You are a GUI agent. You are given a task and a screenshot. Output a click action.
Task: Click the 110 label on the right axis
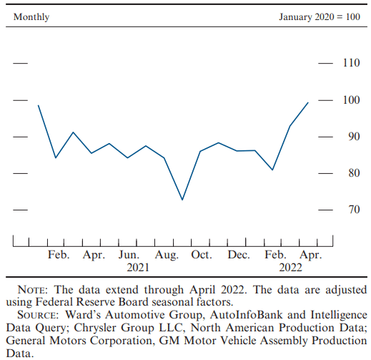point(351,63)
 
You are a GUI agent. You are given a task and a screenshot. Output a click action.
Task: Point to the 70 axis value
point(354,210)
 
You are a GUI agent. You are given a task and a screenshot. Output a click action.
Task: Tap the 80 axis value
point(354,173)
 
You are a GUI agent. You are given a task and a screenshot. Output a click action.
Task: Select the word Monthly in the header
point(31,17)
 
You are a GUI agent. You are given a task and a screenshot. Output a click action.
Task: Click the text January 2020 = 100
point(320,16)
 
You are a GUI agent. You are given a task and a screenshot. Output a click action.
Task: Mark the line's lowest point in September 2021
point(182,200)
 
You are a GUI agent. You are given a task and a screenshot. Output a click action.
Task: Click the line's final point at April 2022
point(308,102)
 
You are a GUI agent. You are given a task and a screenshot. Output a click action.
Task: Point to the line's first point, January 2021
point(38,105)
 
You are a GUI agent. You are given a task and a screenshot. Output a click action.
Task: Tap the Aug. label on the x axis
point(167,255)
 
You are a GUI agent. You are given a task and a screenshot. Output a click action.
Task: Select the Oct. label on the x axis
point(202,255)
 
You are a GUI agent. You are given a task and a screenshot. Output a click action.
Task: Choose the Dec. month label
point(239,255)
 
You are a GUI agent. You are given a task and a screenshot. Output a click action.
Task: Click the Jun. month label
point(129,255)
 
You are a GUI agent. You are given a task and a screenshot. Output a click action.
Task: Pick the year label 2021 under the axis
point(138,268)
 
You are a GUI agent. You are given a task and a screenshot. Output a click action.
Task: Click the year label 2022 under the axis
point(290,268)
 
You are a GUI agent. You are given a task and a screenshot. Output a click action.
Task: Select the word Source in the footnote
point(38,315)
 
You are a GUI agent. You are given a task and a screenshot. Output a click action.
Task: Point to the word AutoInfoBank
point(246,315)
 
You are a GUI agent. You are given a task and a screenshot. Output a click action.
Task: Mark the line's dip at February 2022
point(272,170)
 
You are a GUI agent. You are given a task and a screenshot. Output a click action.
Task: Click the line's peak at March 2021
point(73,132)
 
